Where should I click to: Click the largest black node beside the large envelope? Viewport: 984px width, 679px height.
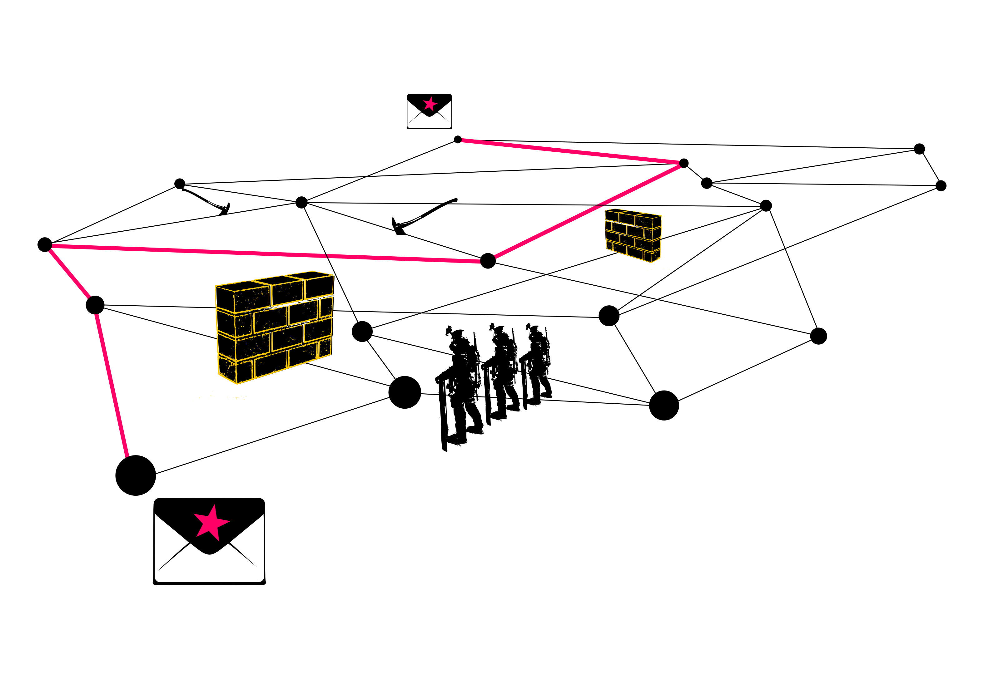pyautogui.click(x=135, y=475)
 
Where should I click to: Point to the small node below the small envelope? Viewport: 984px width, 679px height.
pyautogui.click(x=458, y=140)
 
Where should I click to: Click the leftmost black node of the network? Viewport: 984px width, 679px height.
pyautogui.click(x=45, y=245)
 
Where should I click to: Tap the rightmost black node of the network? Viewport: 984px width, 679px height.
pyautogui.click(x=941, y=185)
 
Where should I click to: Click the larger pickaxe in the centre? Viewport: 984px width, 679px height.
pyautogui.click(x=421, y=216)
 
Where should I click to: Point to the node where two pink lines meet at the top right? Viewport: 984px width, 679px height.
pyautogui.click(x=684, y=163)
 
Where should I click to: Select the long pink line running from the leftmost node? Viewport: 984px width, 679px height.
pyautogui.click(x=264, y=253)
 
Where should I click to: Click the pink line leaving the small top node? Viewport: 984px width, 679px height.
pyautogui.click(x=570, y=151)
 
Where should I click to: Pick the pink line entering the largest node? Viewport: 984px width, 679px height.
pyautogui.click(x=112, y=385)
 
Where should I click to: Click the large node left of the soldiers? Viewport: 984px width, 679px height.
pyautogui.click(x=405, y=392)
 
